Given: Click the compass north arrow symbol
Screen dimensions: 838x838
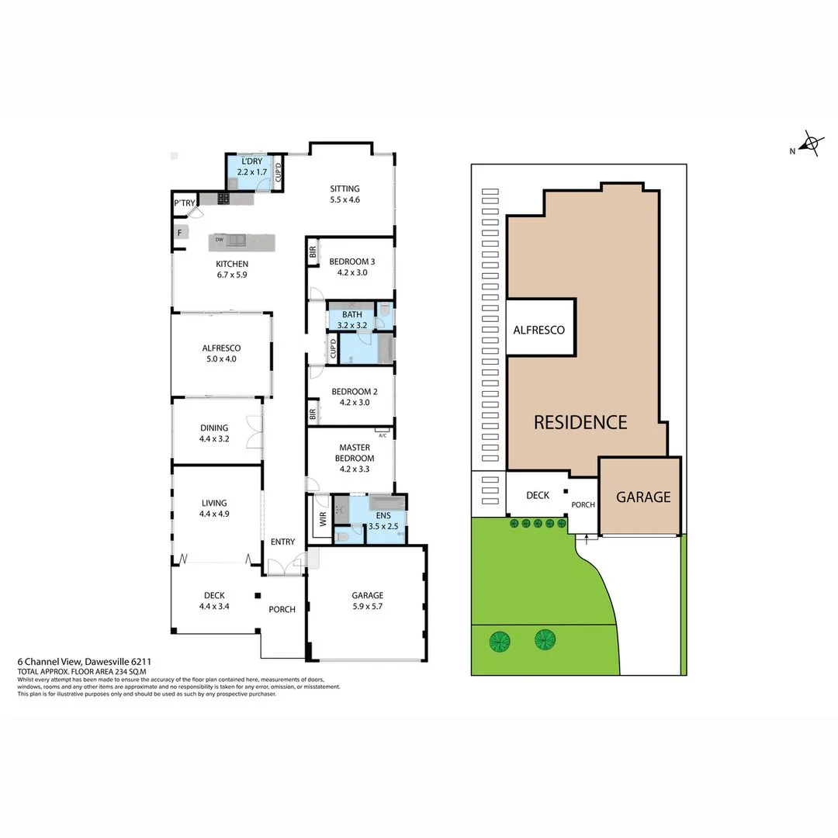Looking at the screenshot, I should click(810, 144).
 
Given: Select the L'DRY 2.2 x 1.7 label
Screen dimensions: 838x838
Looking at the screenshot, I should click(252, 166).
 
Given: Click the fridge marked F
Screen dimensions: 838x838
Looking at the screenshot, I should click(179, 232).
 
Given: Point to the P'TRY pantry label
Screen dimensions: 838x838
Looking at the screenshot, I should click(185, 203).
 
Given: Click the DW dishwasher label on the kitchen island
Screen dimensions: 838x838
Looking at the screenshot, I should click(220, 240).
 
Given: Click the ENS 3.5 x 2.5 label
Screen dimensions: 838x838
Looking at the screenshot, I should click(383, 521).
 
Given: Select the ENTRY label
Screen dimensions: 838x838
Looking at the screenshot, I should click(282, 542).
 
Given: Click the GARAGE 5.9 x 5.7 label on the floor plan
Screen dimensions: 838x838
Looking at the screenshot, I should click(365, 601).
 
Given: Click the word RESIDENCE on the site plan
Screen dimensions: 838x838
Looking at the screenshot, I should click(580, 422).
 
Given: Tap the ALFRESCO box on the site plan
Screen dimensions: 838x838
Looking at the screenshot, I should click(539, 330).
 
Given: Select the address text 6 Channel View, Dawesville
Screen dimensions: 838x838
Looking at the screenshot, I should click(90, 662).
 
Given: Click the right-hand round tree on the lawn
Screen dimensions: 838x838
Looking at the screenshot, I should click(545, 639).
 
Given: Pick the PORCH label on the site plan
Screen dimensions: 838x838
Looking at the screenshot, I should click(583, 505).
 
